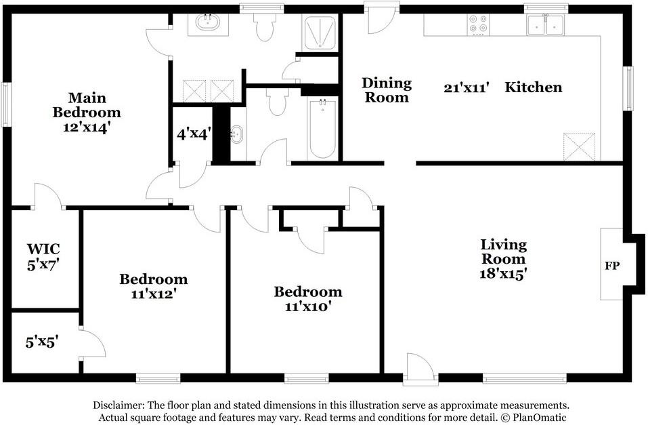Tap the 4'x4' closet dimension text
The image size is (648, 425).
[x=194, y=134]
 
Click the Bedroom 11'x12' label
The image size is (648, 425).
[x=154, y=286]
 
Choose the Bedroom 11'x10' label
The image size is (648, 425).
[x=307, y=298]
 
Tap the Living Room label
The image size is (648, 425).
[x=503, y=259]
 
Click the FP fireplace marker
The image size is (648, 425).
[x=611, y=265]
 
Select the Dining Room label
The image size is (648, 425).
[x=386, y=90]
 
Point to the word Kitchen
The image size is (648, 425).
[x=534, y=87]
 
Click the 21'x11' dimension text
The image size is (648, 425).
[x=466, y=87]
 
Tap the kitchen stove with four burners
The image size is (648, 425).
[x=478, y=25]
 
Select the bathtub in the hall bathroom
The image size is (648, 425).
[x=322, y=129]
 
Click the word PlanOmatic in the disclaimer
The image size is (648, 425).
[x=540, y=418]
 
